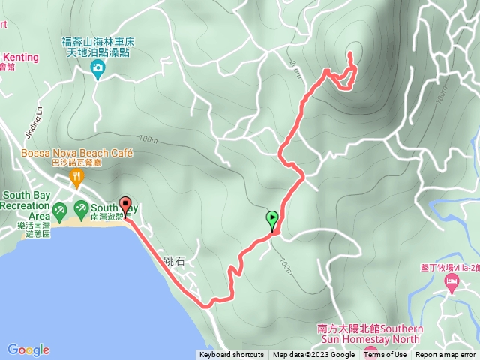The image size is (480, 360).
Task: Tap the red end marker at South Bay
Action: tap(125, 205)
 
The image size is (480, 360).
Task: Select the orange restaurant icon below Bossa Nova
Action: tap(76, 178)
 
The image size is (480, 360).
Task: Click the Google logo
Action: tap(28, 349)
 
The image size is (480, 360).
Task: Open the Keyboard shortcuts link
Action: tap(231, 355)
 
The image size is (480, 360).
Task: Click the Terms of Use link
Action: tap(385, 355)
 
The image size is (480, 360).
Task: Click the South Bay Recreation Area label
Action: tap(26, 205)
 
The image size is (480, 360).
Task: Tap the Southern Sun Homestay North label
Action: tap(370, 334)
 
